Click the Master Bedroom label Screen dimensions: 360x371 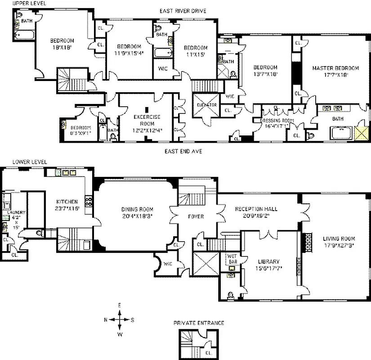pos(335,68)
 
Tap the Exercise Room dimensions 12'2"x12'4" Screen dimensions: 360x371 pos(148,130)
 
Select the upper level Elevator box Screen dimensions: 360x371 pos(206,104)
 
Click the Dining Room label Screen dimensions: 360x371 pos(137,209)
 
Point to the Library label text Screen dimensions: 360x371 pos(269,261)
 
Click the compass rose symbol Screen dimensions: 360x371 pos(120,319)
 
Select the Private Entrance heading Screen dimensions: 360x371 pos(198,323)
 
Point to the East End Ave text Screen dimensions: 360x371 pos(183,152)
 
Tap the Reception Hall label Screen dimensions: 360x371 pos(256,209)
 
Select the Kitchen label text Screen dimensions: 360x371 pos(67,202)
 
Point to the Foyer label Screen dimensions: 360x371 pos(196,217)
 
